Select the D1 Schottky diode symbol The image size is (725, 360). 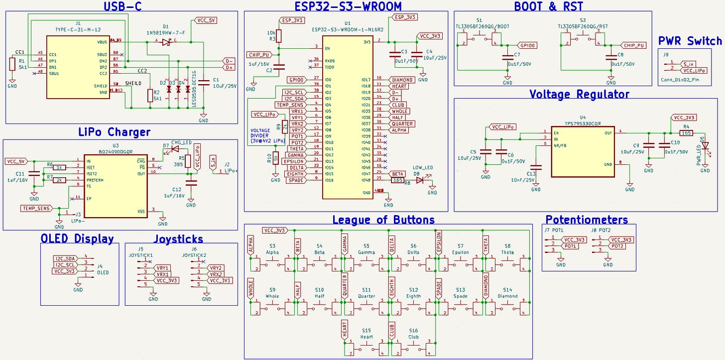tap(166, 42)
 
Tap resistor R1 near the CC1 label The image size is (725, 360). tap(12, 64)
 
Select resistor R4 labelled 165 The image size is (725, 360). tap(686, 133)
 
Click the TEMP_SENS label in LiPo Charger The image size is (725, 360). tap(36, 208)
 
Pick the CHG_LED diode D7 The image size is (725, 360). tap(175, 148)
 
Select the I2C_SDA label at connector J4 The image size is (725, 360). tap(65, 259)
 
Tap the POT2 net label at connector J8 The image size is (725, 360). tap(617, 246)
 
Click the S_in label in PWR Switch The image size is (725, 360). tap(689, 64)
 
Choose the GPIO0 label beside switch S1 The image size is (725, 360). tap(527, 45)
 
